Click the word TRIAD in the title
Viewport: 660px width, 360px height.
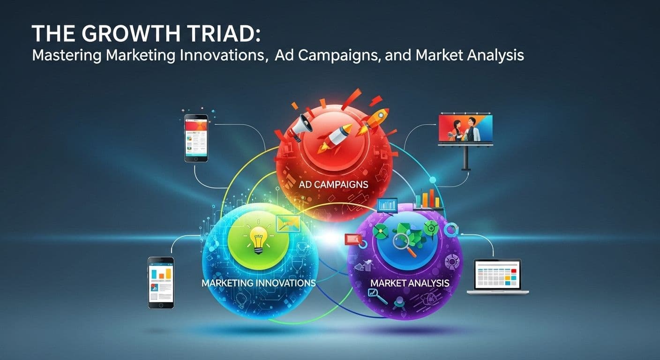(225, 34)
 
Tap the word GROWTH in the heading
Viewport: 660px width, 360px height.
(131, 34)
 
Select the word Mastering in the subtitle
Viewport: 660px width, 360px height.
(67, 56)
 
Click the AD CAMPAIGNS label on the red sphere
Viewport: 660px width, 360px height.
(333, 185)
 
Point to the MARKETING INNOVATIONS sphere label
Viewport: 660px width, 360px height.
(258, 283)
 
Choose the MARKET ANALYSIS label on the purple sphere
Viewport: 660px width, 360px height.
(410, 283)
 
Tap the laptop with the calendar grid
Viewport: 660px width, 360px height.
(498, 277)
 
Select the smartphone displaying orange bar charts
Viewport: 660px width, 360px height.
(161, 283)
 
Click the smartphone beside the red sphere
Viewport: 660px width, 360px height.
(196, 138)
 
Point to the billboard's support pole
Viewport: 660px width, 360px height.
(465, 158)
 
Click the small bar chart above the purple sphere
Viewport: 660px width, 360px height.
(428, 199)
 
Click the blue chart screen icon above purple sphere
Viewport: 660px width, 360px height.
(387, 205)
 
